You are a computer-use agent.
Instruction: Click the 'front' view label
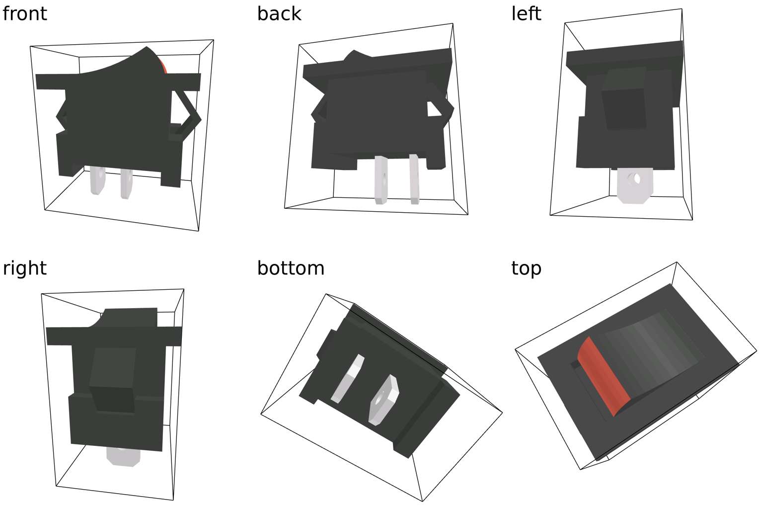[x=24, y=13]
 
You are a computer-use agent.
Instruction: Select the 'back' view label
[x=279, y=13]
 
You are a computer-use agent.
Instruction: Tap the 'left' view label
[x=526, y=13]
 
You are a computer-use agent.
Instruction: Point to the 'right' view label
[x=24, y=268]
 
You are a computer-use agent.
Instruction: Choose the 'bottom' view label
[x=291, y=268]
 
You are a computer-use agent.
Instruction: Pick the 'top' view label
[x=526, y=268]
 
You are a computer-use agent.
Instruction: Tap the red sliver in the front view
[x=163, y=66]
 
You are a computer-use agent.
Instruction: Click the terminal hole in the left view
[x=636, y=178]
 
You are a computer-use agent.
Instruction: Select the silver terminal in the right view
[x=123, y=457]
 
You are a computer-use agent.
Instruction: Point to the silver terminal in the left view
[x=635, y=185]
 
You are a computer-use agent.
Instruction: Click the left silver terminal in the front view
[x=98, y=180]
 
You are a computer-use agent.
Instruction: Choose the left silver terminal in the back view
[x=381, y=180]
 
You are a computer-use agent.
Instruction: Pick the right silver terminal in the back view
[x=414, y=179]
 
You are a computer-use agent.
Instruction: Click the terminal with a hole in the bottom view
[x=383, y=400]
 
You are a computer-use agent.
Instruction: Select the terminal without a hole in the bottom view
[x=347, y=379]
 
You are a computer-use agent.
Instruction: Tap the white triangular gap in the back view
[x=434, y=109]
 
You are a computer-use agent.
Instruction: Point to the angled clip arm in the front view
[x=186, y=114]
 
